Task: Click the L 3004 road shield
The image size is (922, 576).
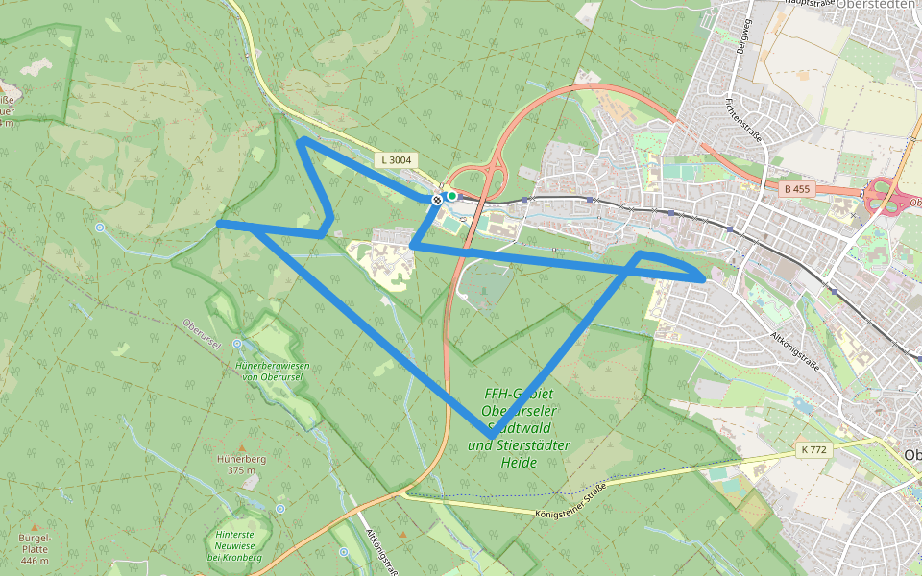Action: [x=396, y=159]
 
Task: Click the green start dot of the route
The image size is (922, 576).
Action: [x=451, y=196]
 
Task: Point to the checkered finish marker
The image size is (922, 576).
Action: [x=437, y=200]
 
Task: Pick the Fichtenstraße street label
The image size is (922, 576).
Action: [x=744, y=118]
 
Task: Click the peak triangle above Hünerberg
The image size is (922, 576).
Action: [x=241, y=447]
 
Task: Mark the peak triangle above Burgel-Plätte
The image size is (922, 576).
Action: [x=35, y=527]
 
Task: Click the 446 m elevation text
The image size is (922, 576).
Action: [x=34, y=560]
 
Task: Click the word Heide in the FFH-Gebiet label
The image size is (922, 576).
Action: [x=519, y=463]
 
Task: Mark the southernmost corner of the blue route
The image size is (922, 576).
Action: [x=492, y=435]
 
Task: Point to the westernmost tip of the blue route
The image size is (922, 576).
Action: [x=220, y=224]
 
